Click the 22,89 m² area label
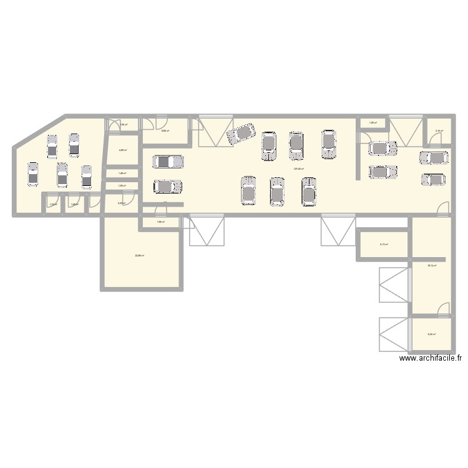(x=140, y=255)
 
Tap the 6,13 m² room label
(x=384, y=244)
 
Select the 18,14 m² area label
(x=431, y=265)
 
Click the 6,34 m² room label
(x=431, y=334)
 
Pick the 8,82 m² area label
(x=165, y=131)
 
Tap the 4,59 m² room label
(x=123, y=150)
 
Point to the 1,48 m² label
(x=123, y=173)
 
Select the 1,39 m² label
(x=123, y=185)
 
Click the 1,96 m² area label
(x=160, y=222)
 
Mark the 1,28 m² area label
(x=373, y=123)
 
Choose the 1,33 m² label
(x=53, y=205)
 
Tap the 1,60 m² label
(x=75, y=205)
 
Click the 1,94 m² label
(x=124, y=124)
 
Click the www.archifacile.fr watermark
(x=431, y=359)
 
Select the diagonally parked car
(x=241, y=133)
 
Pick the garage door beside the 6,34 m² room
(x=393, y=334)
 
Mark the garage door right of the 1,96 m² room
(x=207, y=231)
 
